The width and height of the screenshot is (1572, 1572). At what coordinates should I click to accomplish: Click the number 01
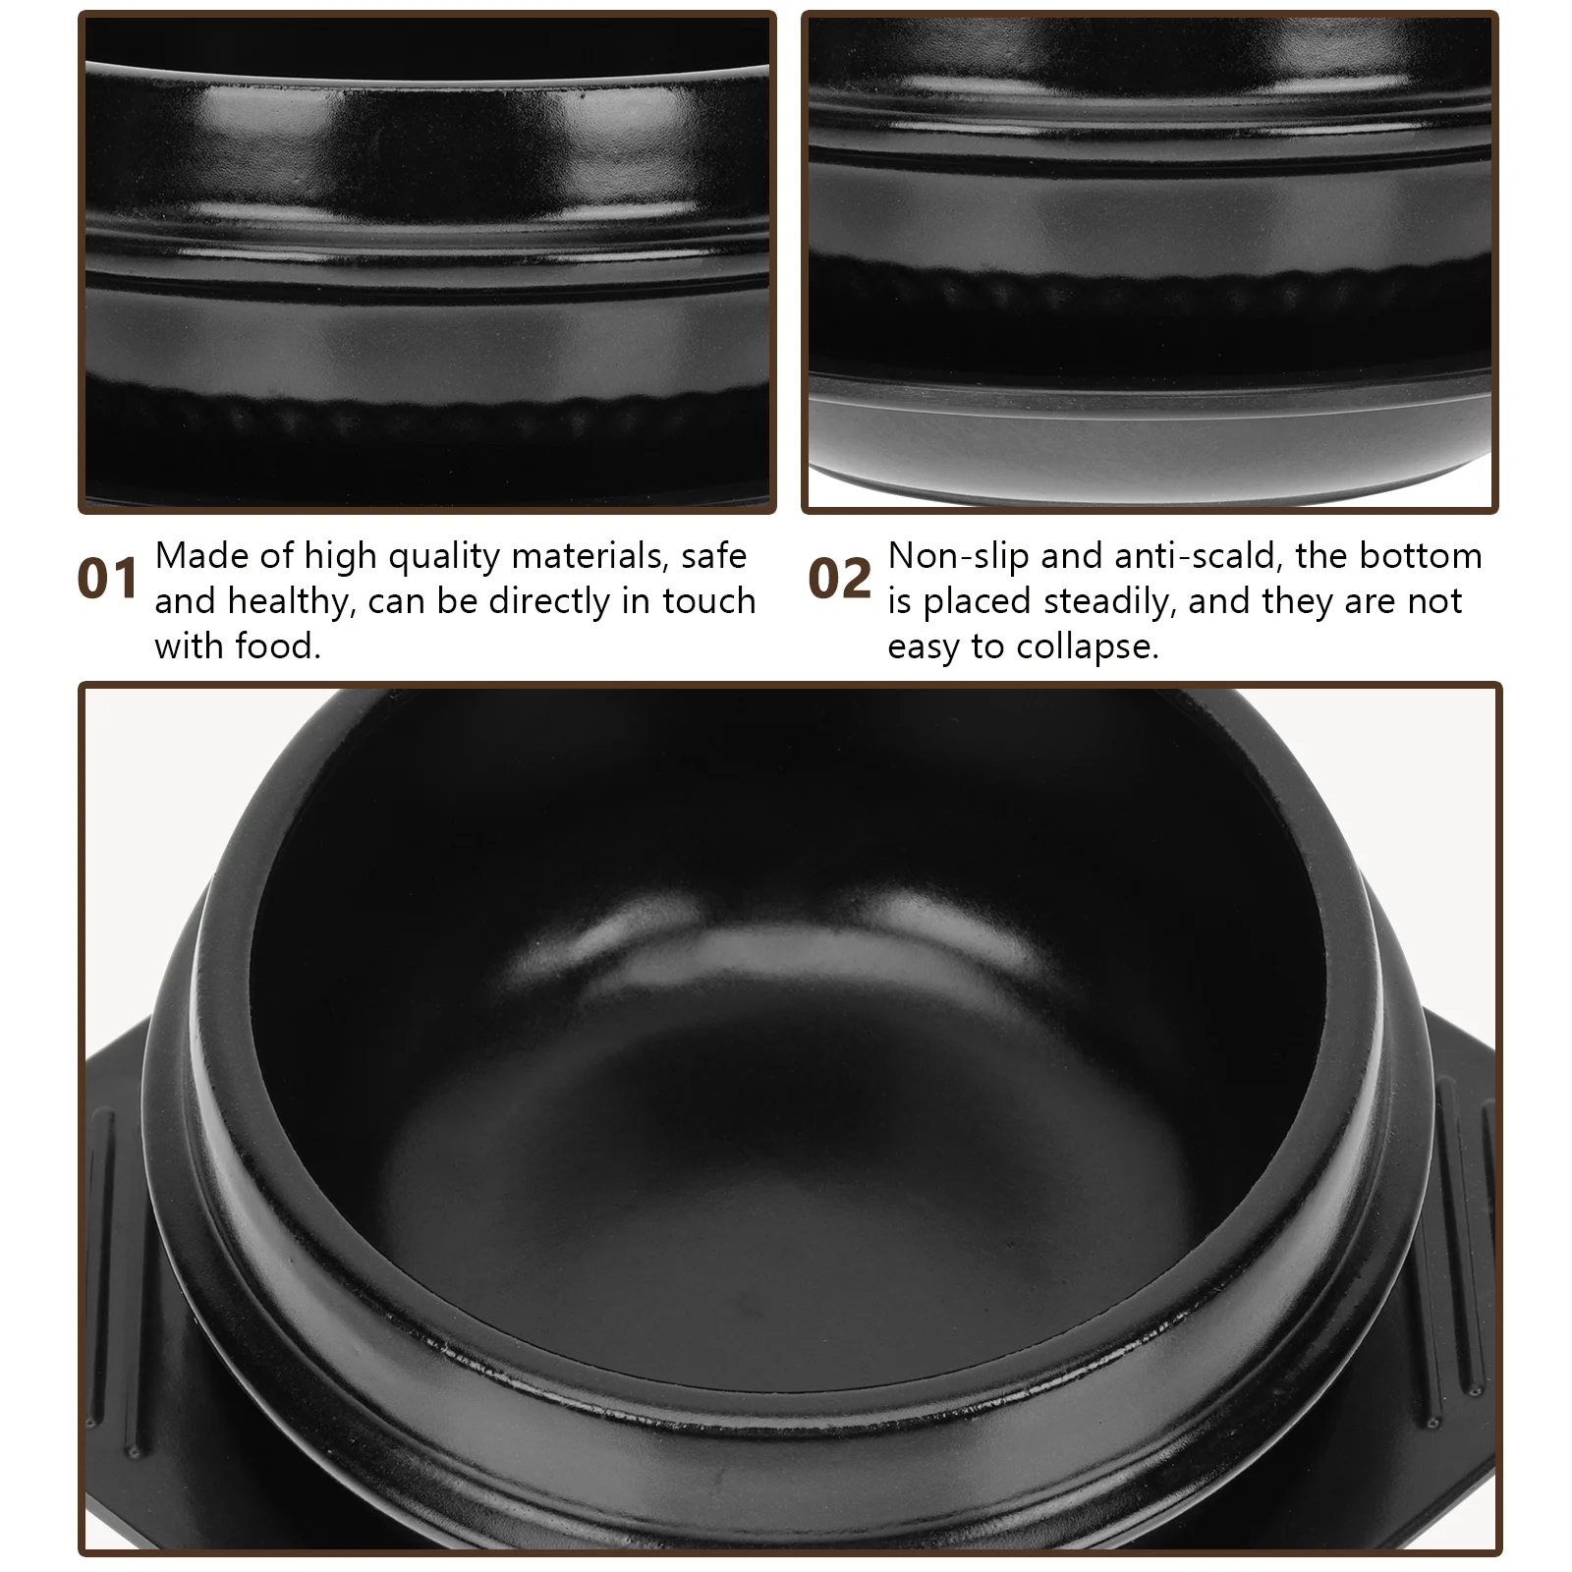pos(107,579)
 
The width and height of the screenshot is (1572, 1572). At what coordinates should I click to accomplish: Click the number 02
pos(839,579)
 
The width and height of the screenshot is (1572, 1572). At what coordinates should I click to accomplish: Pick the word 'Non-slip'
pos(959,556)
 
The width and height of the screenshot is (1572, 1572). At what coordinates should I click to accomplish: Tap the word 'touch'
pos(708,600)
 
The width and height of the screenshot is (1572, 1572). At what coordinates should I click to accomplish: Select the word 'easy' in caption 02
pos(924,647)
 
